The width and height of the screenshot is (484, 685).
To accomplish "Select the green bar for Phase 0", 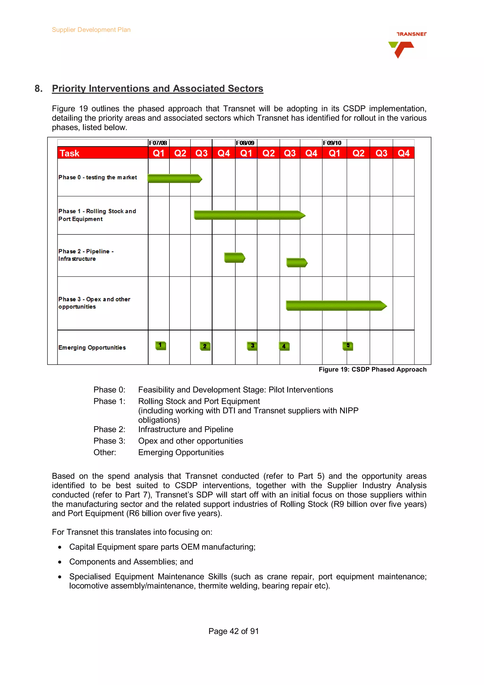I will tap(174, 178).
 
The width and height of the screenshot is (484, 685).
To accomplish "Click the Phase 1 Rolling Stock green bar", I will tap(249, 215).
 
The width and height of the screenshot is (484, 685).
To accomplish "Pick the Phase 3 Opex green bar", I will tap(336, 305).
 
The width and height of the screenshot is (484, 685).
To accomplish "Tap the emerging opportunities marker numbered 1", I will tap(160, 346).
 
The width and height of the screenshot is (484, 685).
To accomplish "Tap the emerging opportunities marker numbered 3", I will tap(252, 346).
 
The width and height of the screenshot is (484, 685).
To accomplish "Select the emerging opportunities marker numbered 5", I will tap(348, 346).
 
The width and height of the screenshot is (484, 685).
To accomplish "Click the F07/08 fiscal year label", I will tap(158, 143).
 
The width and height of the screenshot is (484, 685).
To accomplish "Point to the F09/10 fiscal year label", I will tap(332, 143).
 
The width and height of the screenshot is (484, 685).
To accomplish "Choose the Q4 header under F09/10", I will tap(403, 153).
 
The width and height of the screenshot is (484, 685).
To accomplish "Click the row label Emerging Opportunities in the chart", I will tap(92, 347).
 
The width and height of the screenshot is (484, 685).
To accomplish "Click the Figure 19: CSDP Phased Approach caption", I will tap(372, 369).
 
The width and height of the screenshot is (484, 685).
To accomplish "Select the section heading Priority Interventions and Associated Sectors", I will tap(157, 89).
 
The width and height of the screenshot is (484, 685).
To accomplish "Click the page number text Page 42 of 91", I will tap(233, 631).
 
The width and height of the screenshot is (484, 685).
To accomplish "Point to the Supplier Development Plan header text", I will tap(91, 30).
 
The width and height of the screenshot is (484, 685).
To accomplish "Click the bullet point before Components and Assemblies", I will tap(60, 562).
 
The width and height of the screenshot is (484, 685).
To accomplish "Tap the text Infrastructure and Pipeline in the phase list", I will tap(186, 429).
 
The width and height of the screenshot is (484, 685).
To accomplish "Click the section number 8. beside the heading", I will tap(39, 89).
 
